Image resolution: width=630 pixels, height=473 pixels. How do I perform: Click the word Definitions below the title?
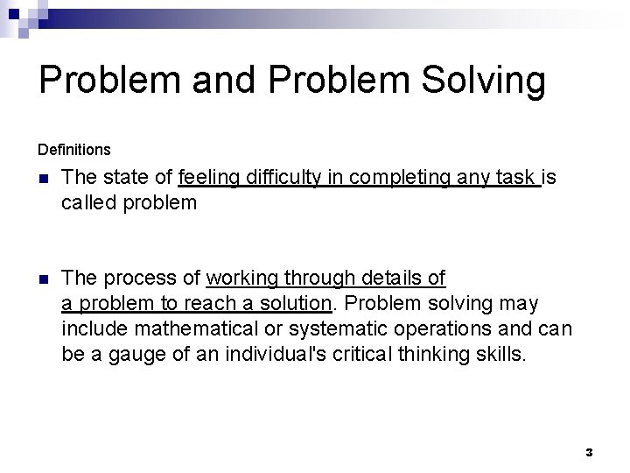74,150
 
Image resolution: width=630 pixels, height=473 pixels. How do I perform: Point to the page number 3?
589,453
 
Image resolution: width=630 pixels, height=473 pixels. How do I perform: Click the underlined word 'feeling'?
210,178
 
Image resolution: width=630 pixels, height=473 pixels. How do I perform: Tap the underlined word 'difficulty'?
281,178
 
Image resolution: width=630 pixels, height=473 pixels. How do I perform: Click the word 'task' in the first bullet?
514,178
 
